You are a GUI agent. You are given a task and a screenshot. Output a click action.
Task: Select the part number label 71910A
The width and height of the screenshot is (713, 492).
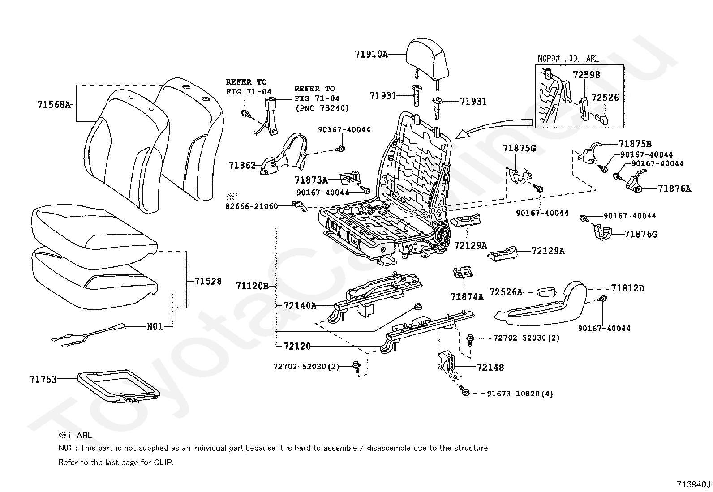[x=371, y=55]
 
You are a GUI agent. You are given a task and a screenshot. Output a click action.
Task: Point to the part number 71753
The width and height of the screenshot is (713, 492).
[x=43, y=380]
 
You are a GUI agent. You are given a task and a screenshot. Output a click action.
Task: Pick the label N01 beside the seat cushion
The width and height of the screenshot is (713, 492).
[x=155, y=327]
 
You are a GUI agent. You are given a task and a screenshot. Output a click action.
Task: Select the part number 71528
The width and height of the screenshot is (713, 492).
[x=208, y=282]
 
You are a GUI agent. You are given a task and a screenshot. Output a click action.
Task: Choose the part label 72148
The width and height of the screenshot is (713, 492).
[x=490, y=368]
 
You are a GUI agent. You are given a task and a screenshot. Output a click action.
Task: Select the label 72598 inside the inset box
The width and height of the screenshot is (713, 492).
[x=586, y=75]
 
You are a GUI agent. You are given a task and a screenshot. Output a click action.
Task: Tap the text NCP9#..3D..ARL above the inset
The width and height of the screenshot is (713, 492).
[x=568, y=59]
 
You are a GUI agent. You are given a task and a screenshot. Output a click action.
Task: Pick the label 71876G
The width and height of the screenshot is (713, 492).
[x=641, y=234]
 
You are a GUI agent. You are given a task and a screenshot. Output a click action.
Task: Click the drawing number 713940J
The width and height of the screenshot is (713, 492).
[x=693, y=484]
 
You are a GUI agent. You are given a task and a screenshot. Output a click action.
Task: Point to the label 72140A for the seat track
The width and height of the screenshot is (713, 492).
[x=300, y=306]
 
